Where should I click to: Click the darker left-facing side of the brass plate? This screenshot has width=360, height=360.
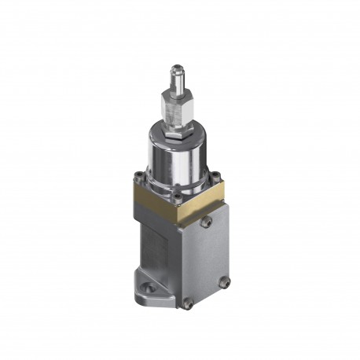coord(154,204)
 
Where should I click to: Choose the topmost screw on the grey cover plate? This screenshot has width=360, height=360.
coord(207,222)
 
